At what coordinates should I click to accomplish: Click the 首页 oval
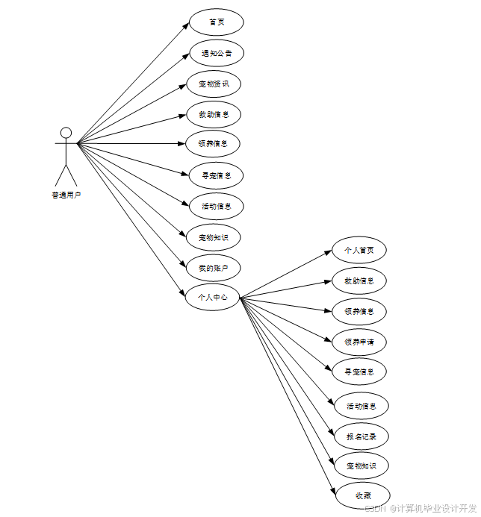217,22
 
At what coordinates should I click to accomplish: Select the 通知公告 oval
217,54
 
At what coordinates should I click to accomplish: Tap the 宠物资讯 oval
214,84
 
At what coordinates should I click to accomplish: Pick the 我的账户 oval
214,268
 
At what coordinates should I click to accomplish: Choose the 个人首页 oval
359,250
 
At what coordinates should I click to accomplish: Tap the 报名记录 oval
361,436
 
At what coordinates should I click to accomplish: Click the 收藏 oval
362,495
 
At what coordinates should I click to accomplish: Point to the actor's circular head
66,134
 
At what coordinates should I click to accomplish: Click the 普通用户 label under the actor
66,195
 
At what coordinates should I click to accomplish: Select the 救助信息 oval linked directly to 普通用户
214,115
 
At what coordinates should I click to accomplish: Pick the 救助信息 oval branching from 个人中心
359,281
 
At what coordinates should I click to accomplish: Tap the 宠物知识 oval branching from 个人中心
361,466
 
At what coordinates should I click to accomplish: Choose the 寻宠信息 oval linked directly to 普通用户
216,176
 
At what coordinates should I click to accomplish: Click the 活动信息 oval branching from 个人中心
361,407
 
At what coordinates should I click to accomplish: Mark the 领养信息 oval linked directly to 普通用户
214,143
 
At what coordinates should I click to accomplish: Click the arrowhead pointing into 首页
186,25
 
